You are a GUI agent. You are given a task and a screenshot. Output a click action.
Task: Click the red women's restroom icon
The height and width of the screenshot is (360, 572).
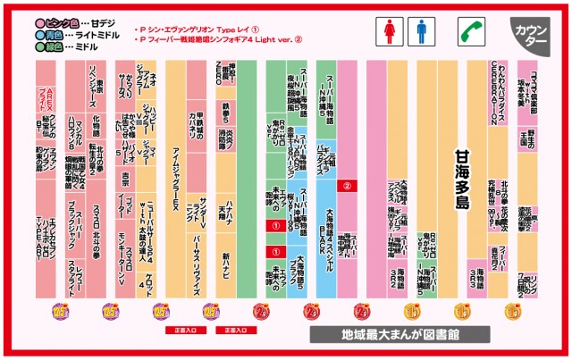390,33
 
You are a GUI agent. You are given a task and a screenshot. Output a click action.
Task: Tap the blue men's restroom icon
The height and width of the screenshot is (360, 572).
420,33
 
